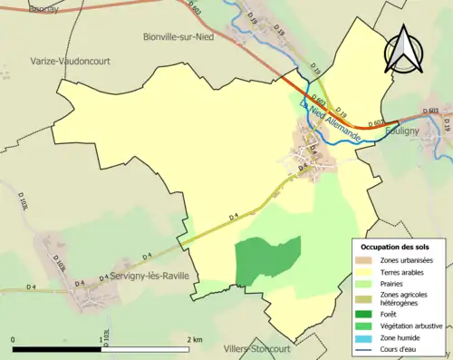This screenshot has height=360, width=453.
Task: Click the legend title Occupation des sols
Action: pyautogui.click(x=396, y=248)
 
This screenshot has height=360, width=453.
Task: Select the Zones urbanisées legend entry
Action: pyautogui.click(x=406, y=260)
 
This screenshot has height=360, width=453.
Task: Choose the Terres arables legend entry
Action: pyautogui.click(x=401, y=271)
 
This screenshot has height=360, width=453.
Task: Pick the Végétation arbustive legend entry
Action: pyautogui.click(x=410, y=326)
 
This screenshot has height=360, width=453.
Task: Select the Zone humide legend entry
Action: pyautogui.click(x=400, y=336)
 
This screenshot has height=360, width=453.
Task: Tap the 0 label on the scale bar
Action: pyautogui.click(x=14, y=339)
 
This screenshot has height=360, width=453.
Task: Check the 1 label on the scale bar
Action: pyautogui.click(x=100, y=339)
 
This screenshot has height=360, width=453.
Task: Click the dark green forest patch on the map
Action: pyautogui.click(x=266, y=260)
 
